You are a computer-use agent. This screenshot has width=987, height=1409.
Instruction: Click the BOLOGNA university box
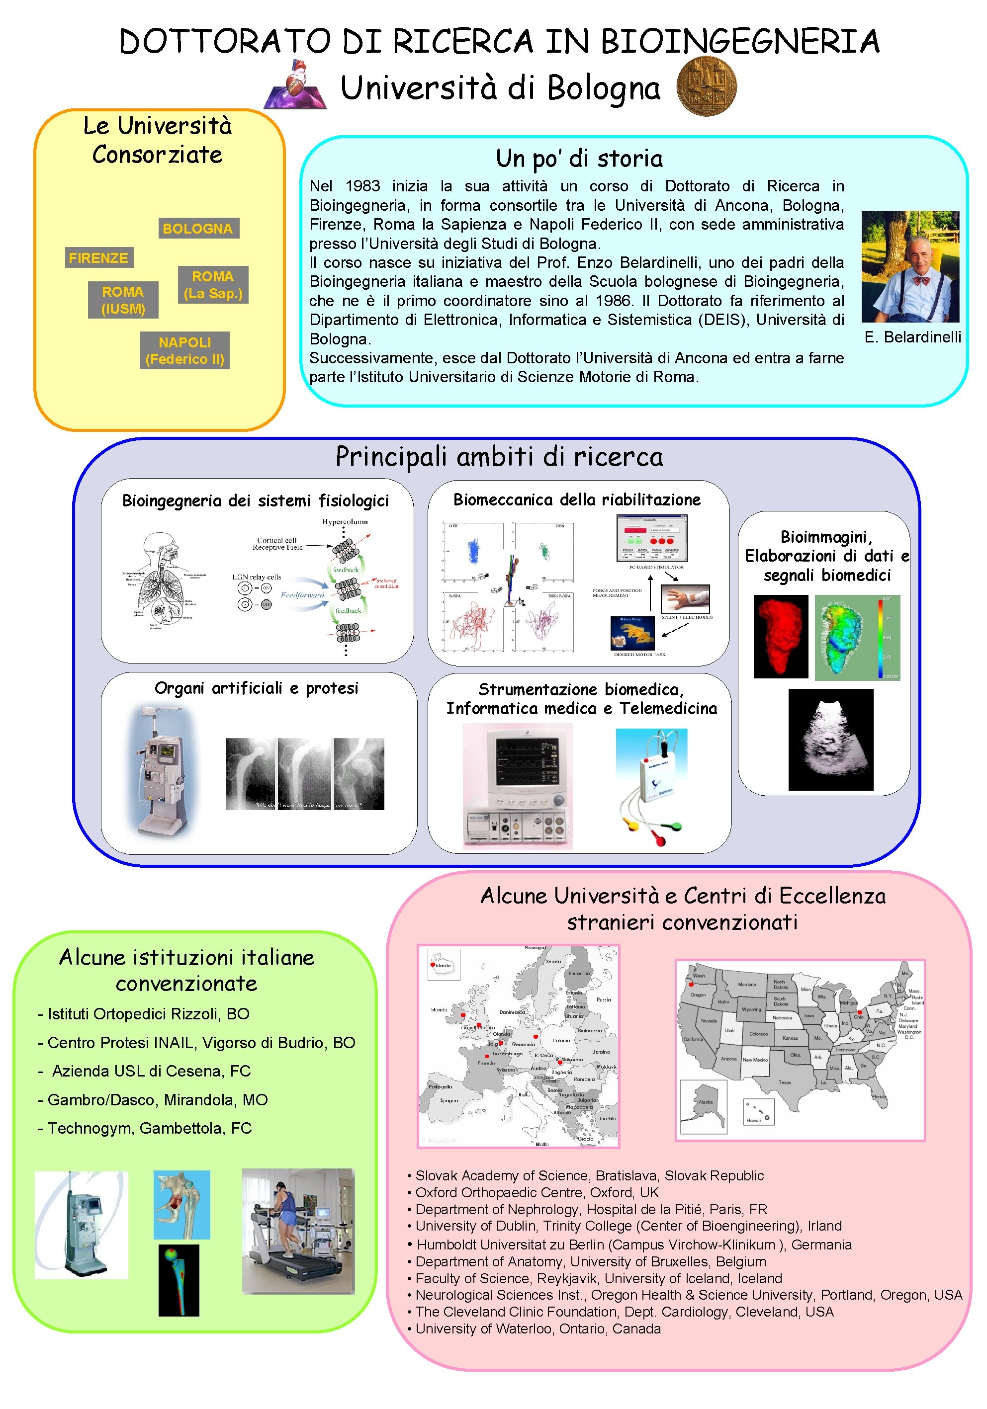197,228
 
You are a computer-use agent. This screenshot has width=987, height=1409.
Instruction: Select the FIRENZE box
98,258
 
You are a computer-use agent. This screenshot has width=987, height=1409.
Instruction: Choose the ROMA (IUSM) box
123,300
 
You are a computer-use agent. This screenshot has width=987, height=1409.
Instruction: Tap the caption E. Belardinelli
912,337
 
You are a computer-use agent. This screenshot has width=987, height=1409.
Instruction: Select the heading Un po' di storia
579,159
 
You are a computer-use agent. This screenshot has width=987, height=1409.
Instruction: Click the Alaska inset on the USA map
704,1105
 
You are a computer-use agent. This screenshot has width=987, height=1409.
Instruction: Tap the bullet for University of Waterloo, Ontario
409,1329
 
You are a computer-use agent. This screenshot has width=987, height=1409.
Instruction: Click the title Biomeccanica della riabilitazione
576,499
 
